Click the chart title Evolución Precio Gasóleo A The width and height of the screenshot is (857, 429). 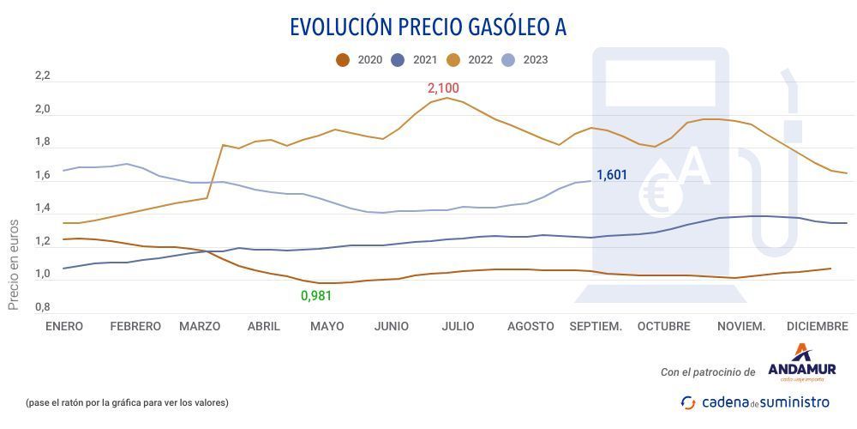click(x=428, y=27)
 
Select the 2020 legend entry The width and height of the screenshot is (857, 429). click(x=361, y=60)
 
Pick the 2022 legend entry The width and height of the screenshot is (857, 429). click(x=472, y=60)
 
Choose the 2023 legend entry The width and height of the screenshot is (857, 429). click(x=526, y=60)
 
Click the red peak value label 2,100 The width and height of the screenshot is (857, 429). click(x=443, y=88)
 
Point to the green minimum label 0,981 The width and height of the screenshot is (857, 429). click(x=315, y=296)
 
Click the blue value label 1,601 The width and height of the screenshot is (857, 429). click(x=612, y=176)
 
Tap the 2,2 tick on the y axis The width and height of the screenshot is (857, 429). click(x=43, y=76)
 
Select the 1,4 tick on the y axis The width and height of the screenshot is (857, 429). click(x=43, y=208)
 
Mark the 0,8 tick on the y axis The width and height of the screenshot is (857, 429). click(x=43, y=307)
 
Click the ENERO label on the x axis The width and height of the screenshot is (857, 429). click(x=64, y=327)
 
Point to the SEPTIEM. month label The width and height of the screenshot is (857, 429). click(x=596, y=327)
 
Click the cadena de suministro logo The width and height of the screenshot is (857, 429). click(x=755, y=402)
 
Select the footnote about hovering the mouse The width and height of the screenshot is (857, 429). click(x=127, y=402)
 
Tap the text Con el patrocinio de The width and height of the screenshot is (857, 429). click(x=707, y=372)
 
